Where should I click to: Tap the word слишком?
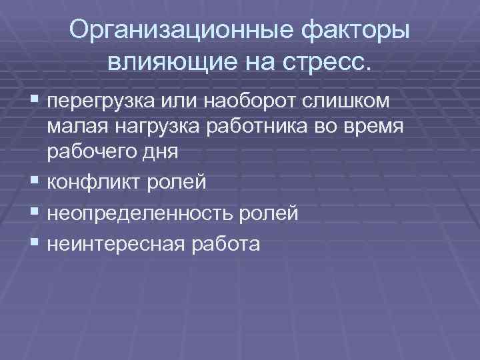click(352, 102)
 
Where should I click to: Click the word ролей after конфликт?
click(179, 182)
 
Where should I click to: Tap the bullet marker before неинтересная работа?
click(35, 244)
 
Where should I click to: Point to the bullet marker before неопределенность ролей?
click(35, 213)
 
